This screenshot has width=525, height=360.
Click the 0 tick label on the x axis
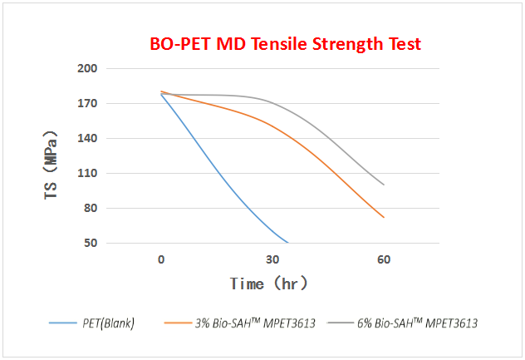point(161,259)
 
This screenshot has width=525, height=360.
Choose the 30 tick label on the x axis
point(272,259)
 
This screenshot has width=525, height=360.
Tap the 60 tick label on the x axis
point(384,259)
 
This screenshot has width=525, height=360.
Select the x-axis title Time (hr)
point(269,284)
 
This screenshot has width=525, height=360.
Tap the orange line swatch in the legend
point(179,323)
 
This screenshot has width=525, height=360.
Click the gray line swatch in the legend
point(338,323)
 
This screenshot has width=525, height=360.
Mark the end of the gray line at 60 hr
point(384,185)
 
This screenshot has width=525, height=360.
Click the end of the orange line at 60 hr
point(384,218)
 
